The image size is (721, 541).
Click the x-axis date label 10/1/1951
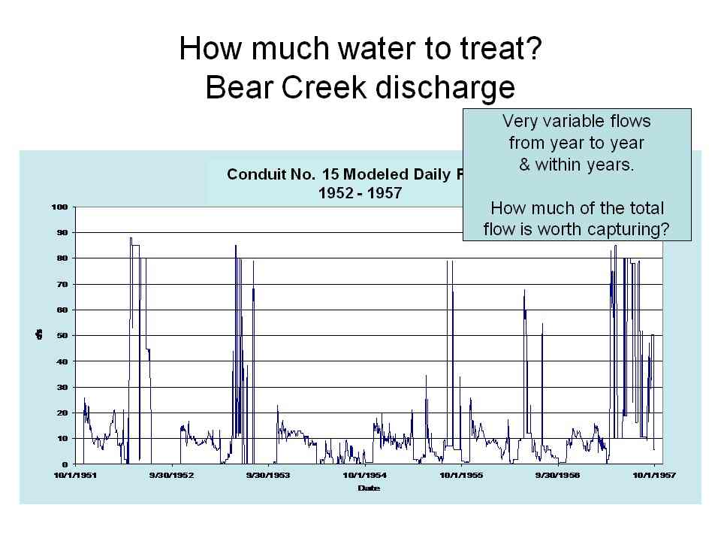tap(75, 476)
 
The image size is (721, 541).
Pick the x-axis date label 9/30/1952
tap(172, 476)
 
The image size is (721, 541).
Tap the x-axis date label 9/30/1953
tap(268, 476)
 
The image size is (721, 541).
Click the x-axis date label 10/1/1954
tap(365, 476)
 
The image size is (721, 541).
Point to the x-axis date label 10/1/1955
tap(461, 476)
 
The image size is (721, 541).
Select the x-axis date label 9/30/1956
tap(558, 476)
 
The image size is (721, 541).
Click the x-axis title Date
tap(368, 488)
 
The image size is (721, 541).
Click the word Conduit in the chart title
tap(258, 175)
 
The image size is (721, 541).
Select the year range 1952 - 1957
tap(360, 192)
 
